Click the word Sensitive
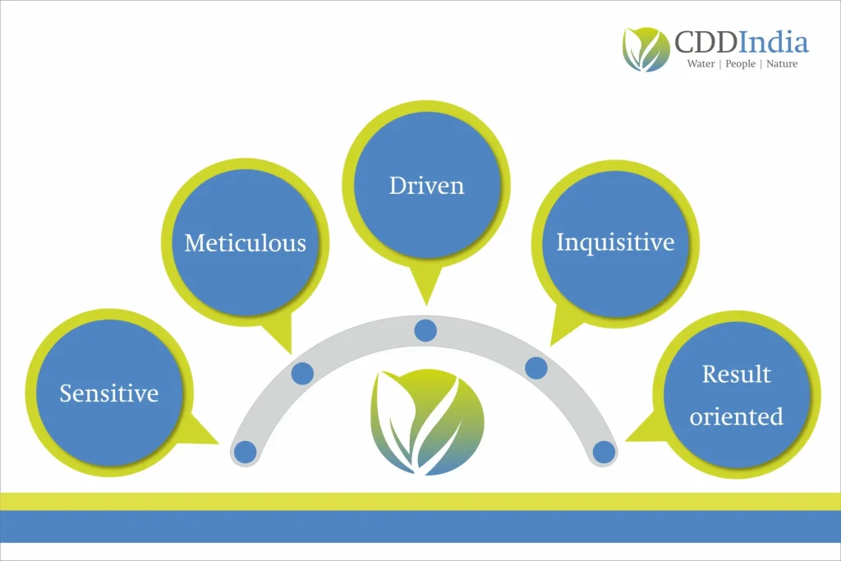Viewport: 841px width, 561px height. [109, 393]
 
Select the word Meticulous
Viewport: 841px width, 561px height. [245, 243]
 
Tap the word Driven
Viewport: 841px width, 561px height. [426, 186]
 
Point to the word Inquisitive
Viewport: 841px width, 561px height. [615, 242]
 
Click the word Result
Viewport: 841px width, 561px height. [737, 374]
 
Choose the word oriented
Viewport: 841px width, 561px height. [737, 416]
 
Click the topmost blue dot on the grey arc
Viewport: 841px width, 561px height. [425, 330]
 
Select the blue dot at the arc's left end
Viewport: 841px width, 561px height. [246, 452]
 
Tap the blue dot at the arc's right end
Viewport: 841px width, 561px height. [604, 452]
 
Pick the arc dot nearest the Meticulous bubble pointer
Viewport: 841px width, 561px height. [302, 373]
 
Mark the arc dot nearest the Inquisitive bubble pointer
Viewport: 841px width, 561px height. [536, 368]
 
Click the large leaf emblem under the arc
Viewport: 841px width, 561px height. [427, 422]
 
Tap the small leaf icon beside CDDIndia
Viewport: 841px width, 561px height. [646, 49]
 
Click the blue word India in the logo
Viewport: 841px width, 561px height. [774, 42]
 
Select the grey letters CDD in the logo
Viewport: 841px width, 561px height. [705, 43]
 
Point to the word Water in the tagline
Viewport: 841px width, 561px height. [701, 64]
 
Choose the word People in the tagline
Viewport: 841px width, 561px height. [740, 64]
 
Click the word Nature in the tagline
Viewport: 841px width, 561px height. [782, 64]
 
